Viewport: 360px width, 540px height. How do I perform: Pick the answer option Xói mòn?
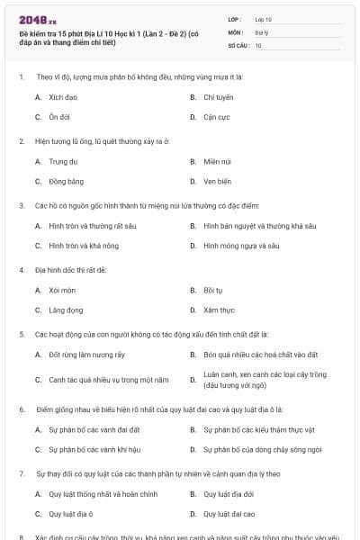[x=61, y=291]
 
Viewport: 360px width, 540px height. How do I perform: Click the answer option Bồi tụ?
[x=212, y=291]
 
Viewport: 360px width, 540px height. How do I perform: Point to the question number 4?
[x=21, y=270]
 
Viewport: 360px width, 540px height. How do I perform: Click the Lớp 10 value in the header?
[x=264, y=18]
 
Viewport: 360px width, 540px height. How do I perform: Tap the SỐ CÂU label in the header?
[x=238, y=44]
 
